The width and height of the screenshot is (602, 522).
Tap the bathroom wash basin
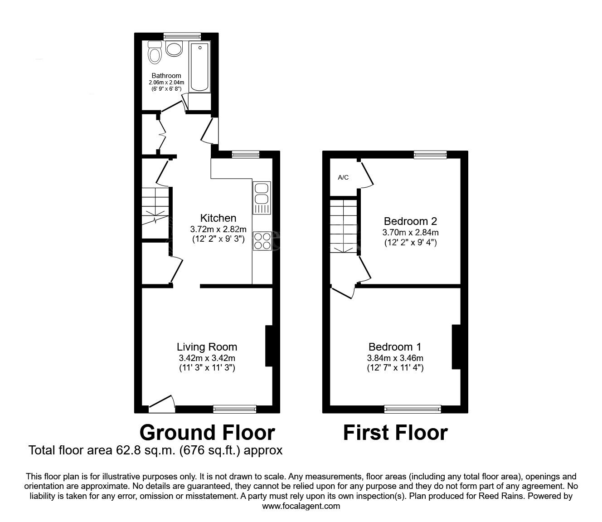click(174, 49)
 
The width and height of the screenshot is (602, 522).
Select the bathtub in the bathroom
click(200, 67)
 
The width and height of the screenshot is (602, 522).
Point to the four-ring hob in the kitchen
click(262, 241)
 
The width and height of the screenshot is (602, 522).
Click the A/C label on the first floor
click(343, 177)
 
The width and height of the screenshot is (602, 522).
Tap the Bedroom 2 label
click(410, 221)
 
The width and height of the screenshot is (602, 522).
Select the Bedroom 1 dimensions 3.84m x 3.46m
click(395, 358)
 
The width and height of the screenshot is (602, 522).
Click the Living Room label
click(207, 347)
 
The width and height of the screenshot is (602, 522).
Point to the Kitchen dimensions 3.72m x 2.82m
click(218, 229)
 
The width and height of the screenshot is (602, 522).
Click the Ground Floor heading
click(207, 433)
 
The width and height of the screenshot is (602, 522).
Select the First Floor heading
click(395, 433)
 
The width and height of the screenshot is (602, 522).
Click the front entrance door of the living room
click(162, 404)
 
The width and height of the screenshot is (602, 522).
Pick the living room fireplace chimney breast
click(268, 346)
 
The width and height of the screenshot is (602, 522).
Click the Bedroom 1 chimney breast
click(456, 347)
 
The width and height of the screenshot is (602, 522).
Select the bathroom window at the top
click(182, 36)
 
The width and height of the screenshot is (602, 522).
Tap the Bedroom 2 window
click(431, 155)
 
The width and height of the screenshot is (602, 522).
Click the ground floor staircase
click(155, 206)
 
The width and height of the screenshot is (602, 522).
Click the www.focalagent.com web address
click(301, 506)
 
